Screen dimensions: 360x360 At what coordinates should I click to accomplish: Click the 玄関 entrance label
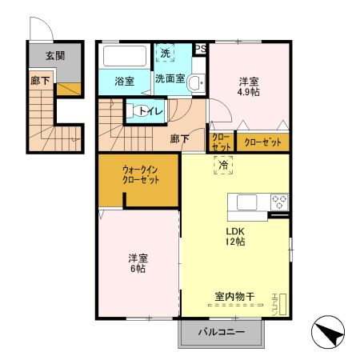click(54, 56)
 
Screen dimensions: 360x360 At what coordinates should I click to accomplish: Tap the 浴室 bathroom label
click(123, 82)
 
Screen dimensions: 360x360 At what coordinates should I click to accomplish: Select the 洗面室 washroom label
click(170, 80)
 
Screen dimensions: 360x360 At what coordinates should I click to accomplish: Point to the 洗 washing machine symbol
click(165, 53)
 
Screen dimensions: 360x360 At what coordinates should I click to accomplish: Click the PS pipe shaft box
click(200, 49)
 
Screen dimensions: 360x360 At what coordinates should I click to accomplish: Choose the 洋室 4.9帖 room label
click(249, 86)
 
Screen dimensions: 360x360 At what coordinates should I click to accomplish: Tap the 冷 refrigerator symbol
click(224, 165)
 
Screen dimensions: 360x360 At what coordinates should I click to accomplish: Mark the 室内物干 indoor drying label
click(234, 297)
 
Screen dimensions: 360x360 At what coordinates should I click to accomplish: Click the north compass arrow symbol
click(328, 331)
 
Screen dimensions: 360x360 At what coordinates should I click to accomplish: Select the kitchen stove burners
click(279, 202)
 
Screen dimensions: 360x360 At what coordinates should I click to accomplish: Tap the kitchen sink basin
click(246, 202)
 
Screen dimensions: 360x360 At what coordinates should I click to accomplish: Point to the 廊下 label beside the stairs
click(179, 138)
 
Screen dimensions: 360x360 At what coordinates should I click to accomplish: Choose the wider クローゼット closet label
click(262, 142)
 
